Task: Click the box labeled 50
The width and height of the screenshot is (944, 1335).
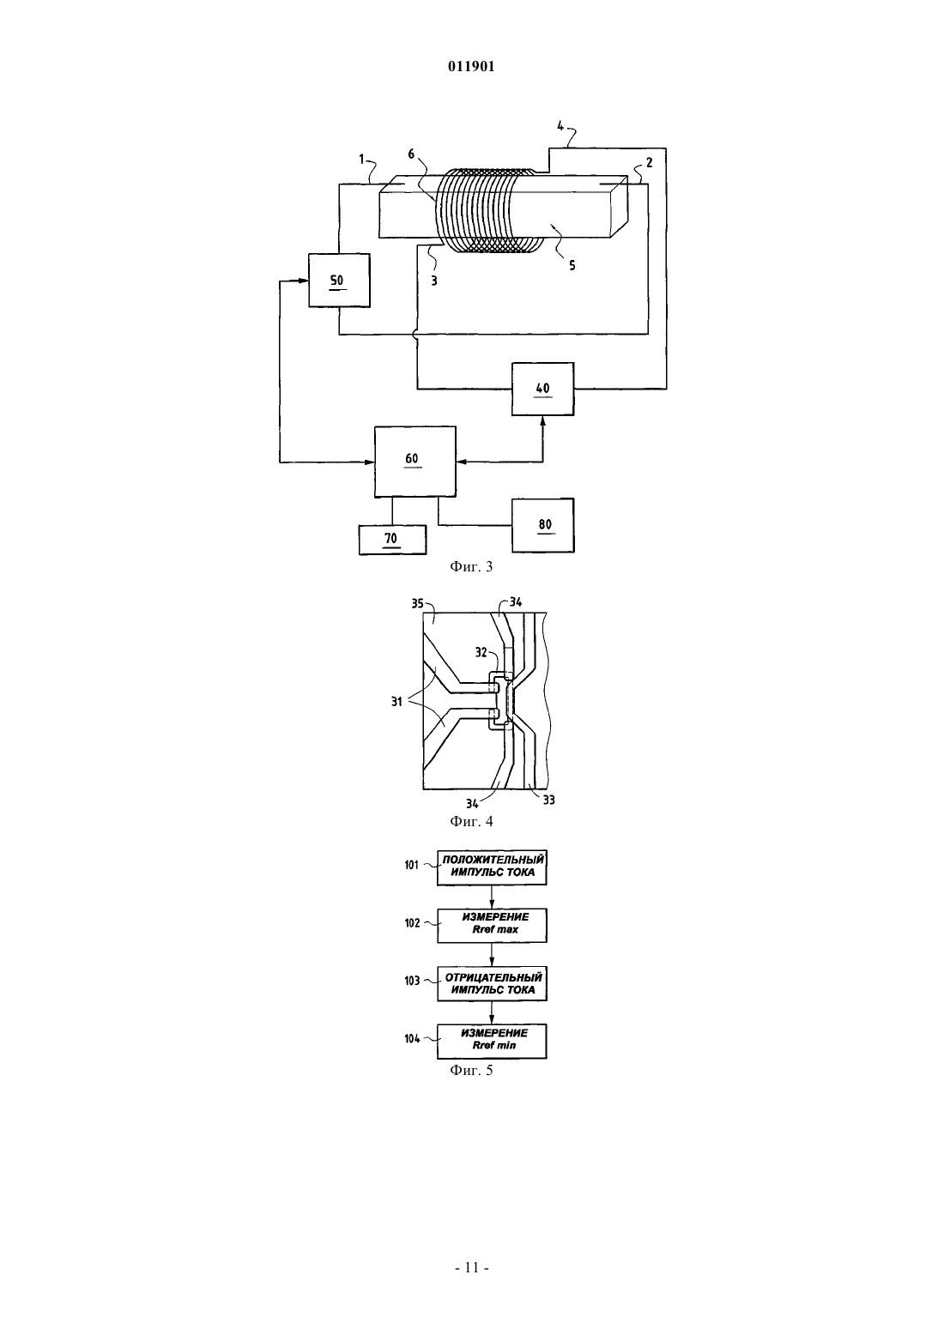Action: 339,280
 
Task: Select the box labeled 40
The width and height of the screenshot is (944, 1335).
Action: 543,389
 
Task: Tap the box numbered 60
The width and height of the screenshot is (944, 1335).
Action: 415,462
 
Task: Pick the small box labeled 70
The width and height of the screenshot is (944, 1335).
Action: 392,540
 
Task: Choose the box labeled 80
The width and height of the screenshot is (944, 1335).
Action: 543,525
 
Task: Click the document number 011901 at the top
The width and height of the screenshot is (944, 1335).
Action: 471,67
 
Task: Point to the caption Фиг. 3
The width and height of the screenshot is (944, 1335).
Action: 471,567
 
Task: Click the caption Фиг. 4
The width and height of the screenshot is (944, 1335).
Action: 471,821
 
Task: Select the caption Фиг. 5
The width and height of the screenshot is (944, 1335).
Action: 471,1070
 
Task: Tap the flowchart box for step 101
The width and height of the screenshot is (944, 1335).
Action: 492,867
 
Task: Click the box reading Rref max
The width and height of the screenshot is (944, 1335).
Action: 492,926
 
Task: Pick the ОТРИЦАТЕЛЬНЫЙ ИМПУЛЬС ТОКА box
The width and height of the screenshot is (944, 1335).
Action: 492,983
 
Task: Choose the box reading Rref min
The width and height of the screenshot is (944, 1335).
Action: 492,1042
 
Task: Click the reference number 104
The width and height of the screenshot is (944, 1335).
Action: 413,1039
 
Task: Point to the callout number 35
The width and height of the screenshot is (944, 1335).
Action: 417,603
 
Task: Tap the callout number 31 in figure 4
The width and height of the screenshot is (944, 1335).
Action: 396,702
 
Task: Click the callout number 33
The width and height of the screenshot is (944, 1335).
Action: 549,800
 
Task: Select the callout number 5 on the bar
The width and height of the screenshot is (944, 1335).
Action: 572,266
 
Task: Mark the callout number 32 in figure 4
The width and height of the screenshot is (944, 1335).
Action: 481,652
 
